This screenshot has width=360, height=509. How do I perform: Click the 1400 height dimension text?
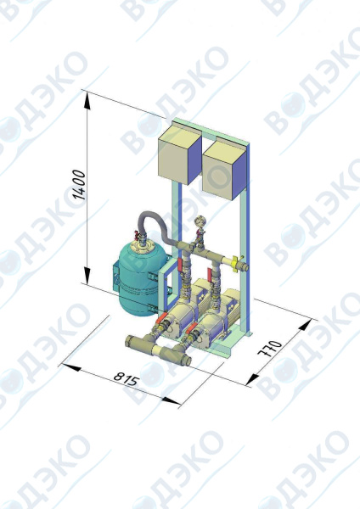click(x=79, y=184)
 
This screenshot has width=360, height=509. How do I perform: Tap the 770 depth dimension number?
click(x=269, y=348)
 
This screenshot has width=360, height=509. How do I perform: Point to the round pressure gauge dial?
click(x=200, y=222)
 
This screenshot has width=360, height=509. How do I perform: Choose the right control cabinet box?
click(x=224, y=171)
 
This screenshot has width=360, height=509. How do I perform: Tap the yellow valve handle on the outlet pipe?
click(x=235, y=260)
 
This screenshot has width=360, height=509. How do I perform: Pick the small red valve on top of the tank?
click(x=137, y=234)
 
